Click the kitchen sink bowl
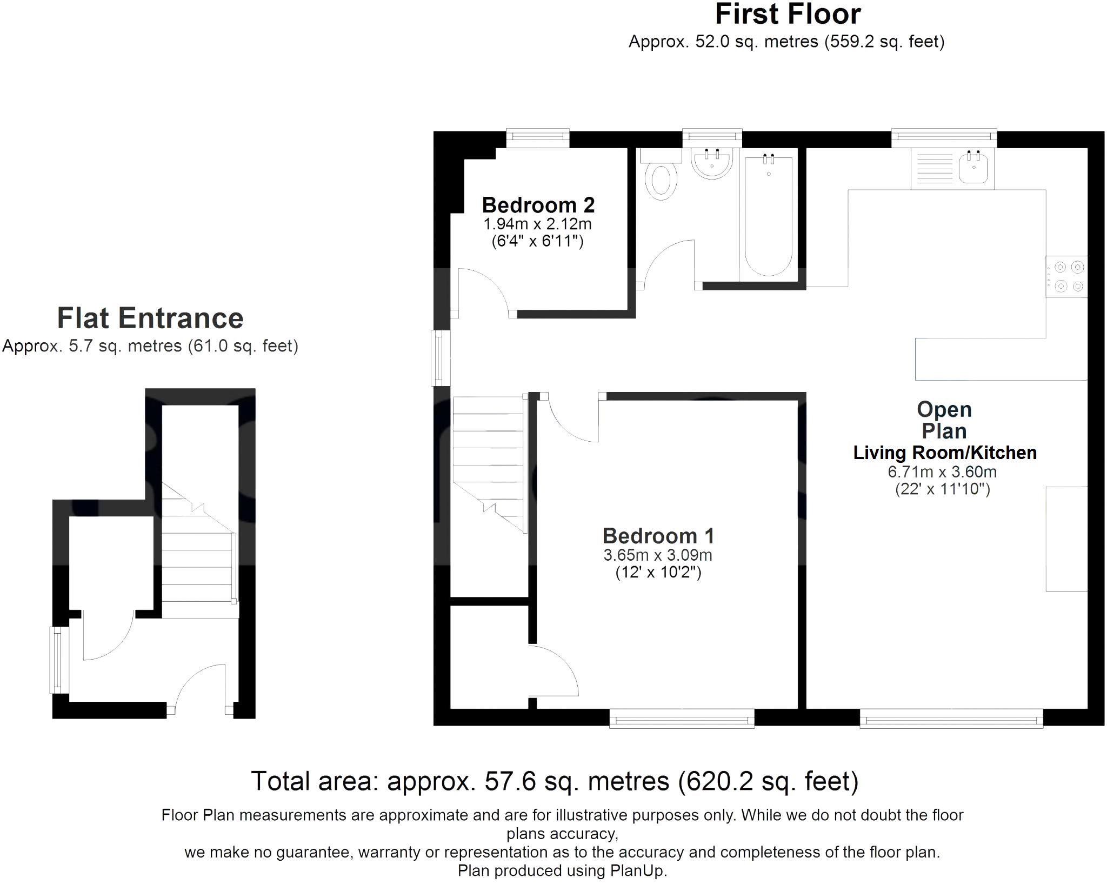tap(973, 168)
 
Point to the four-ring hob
tap(1066, 277)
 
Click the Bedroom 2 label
tap(538, 205)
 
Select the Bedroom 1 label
tap(658, 536)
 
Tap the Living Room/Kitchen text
tap(945, 453)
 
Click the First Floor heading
tap(788, 14)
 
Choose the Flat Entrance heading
tap(150, 318)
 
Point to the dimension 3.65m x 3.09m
tap(658, 555)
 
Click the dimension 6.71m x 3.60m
tap(942, 472)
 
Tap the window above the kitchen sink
tap(944, 138)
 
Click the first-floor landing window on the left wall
tap(441, 358)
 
